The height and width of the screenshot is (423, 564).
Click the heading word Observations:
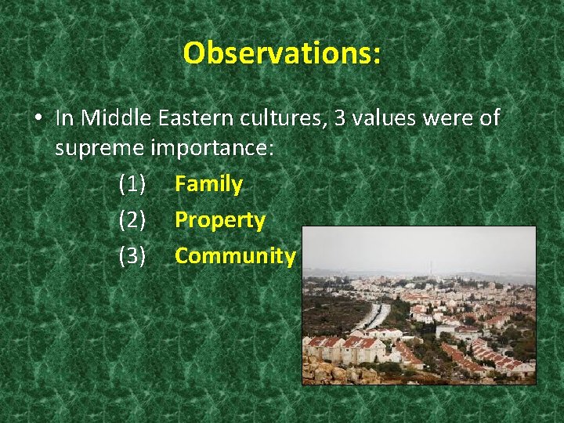[282, 53]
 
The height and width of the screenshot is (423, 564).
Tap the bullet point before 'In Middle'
[38, 120]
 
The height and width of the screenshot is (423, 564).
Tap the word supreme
[99, 149]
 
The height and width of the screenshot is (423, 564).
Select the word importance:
[211, 149]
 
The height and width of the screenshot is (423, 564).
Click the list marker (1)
[132, 185]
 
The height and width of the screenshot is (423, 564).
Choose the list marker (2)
[132, 220]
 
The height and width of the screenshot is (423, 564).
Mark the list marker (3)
[132, 255]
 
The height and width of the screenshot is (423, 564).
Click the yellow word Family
[208, 185]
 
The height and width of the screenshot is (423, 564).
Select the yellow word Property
[220, 220]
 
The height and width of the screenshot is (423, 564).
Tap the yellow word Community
[235, 255]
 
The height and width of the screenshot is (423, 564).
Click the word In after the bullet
[66, 118]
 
